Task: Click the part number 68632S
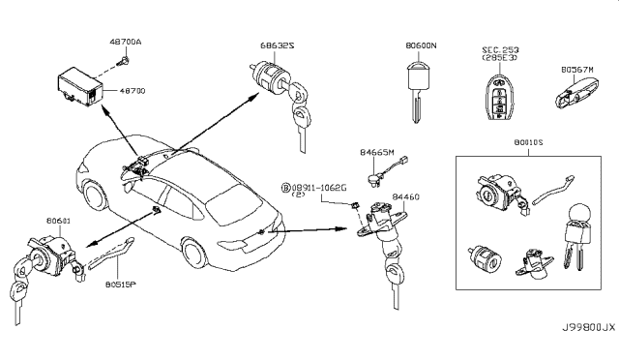[x=278, y=45]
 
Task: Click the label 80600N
[x=421, y=45]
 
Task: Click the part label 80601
[x=59, y=221]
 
